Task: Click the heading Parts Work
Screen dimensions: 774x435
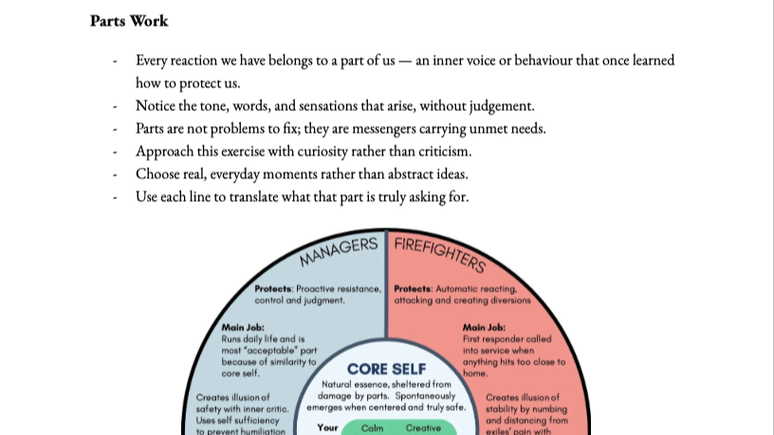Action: pos(129,20)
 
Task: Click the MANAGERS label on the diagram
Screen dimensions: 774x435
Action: pos(339,251)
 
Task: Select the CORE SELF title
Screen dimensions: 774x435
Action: pos(387,369)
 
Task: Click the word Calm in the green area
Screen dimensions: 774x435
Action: pos(373,427)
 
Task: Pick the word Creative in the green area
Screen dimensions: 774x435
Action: pos(423,427)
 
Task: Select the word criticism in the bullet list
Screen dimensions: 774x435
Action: pos(440,151)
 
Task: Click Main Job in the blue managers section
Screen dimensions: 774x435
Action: pos(243,328)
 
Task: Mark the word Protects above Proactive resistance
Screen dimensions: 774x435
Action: pos(273,289)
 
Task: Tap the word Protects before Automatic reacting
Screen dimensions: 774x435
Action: pos(413,289)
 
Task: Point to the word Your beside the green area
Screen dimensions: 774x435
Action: pos(328,427)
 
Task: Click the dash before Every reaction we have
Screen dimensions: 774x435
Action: pos(115,61)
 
